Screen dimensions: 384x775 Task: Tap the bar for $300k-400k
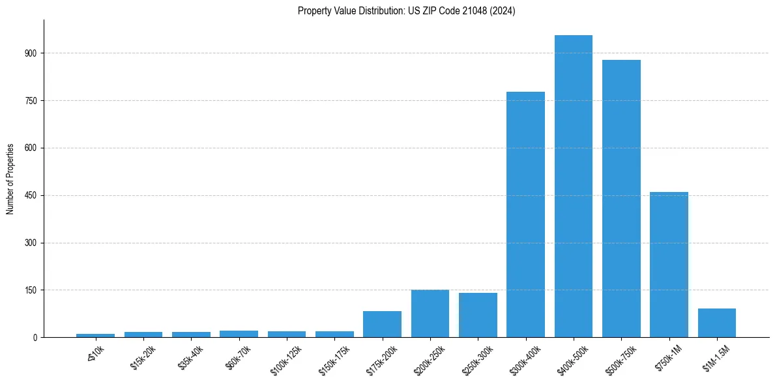click(x=525, y=214)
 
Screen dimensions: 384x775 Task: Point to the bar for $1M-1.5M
click(x=717, y=323)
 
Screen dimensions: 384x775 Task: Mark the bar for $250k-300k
click(x=478, y=315)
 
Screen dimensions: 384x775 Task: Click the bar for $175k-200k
click(x=382, y=324)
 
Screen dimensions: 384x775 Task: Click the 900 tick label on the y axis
click(x=31, y=53)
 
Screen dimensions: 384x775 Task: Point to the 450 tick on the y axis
click(x=31, y=195)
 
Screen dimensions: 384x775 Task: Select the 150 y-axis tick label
click(x=31, y=290)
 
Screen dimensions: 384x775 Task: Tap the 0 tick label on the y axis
click(x=36, y=338)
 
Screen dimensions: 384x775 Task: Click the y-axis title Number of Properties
click(x=10, y=178)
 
